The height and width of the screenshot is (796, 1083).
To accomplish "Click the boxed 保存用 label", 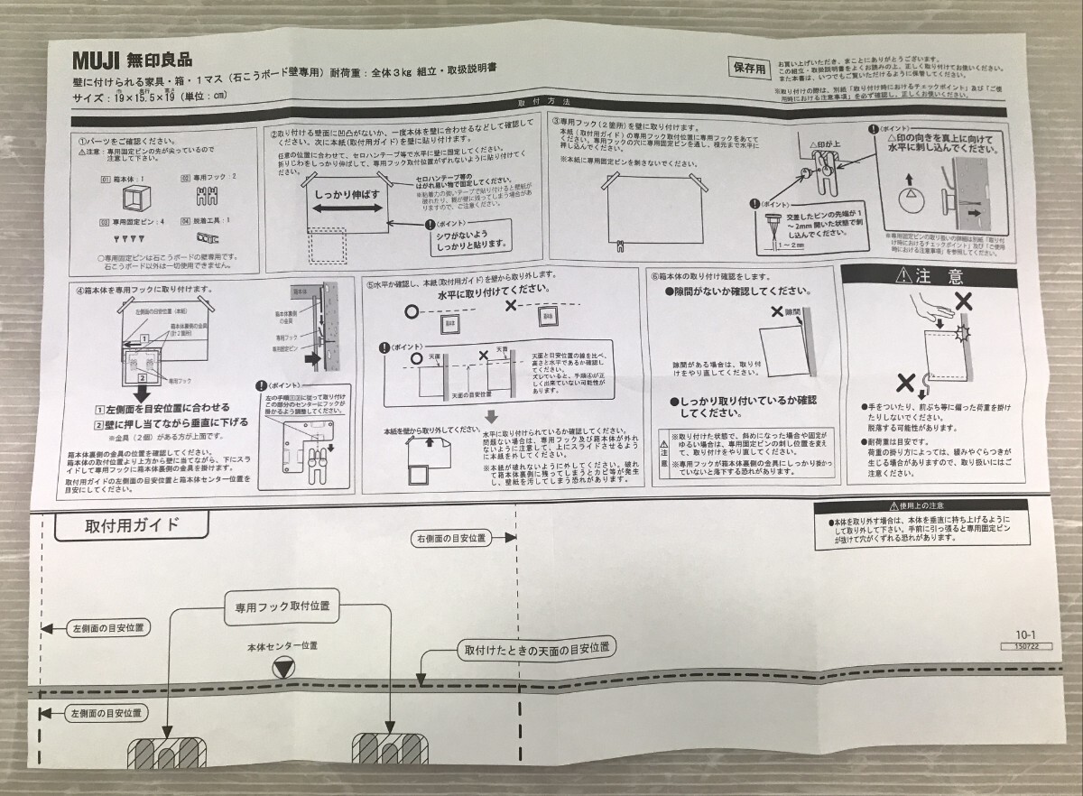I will point(749,68).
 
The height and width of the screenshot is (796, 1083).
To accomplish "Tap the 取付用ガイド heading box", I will point(132,525).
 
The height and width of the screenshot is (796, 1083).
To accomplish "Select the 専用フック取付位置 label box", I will point(276,606).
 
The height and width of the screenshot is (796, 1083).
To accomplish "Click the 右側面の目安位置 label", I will point(451,539).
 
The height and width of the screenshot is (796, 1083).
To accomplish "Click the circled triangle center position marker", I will point(282,669).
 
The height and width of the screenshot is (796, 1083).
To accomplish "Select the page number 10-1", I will point(1024,634).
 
